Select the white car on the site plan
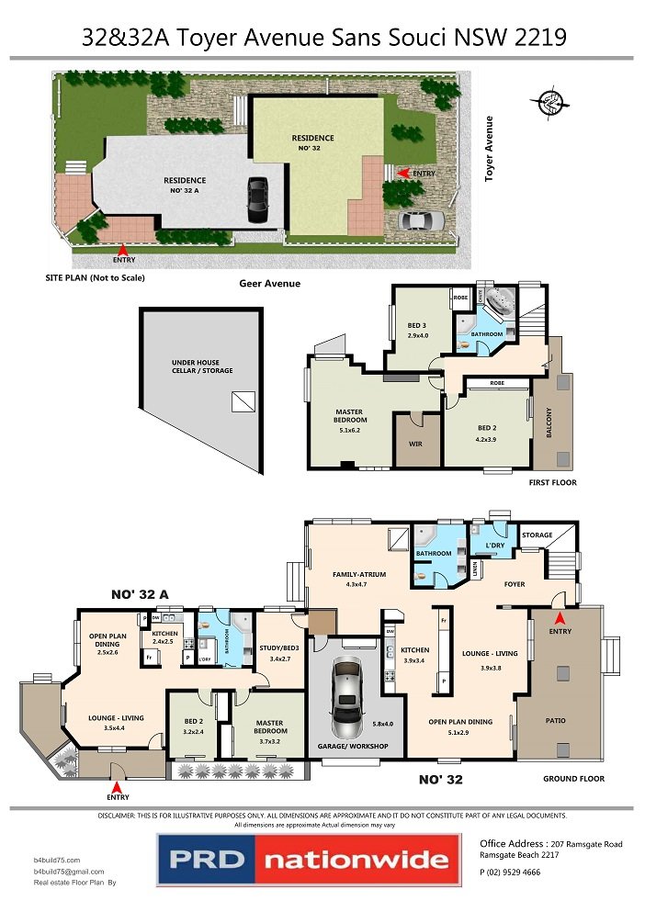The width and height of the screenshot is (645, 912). (422, 220)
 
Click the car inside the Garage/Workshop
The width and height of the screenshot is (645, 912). (347, 692)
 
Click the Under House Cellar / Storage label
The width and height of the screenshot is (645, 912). (202, 366)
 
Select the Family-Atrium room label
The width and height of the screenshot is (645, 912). (357, 575)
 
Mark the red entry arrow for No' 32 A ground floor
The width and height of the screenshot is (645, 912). (116, 787)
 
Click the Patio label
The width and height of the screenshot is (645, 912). (555, 721)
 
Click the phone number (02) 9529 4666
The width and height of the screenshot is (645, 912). (510, 872)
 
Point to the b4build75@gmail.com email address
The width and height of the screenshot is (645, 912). (69, 871)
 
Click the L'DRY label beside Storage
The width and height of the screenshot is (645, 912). (495, 546)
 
